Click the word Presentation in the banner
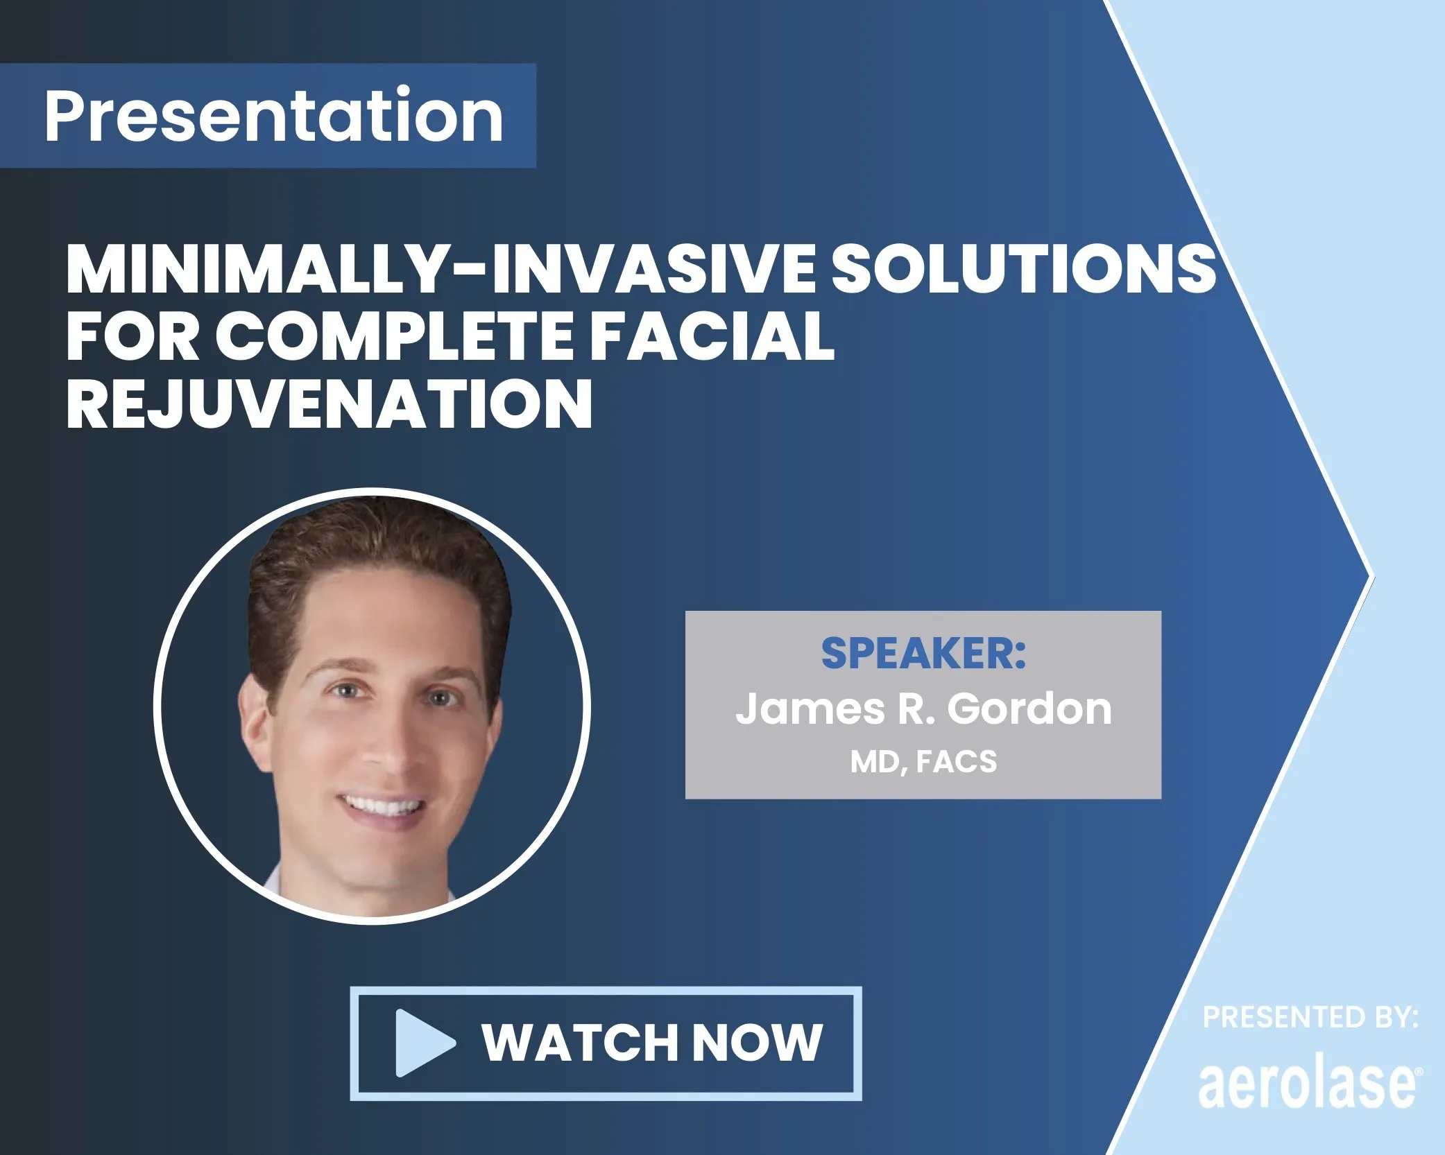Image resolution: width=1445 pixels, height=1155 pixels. coord(273,116)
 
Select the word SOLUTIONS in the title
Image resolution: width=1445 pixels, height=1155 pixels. coord(1023,270)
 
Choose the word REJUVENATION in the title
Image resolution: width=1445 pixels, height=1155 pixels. coord(330,404)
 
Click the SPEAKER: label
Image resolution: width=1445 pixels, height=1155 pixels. coord(923,653)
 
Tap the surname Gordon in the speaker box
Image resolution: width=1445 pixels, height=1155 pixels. coord(1029,709)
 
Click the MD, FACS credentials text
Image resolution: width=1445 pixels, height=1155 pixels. coord(923,762)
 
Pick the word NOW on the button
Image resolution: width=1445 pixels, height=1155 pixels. coord(757,1043)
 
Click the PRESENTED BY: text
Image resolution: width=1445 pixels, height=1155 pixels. coord(1310,1018)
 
